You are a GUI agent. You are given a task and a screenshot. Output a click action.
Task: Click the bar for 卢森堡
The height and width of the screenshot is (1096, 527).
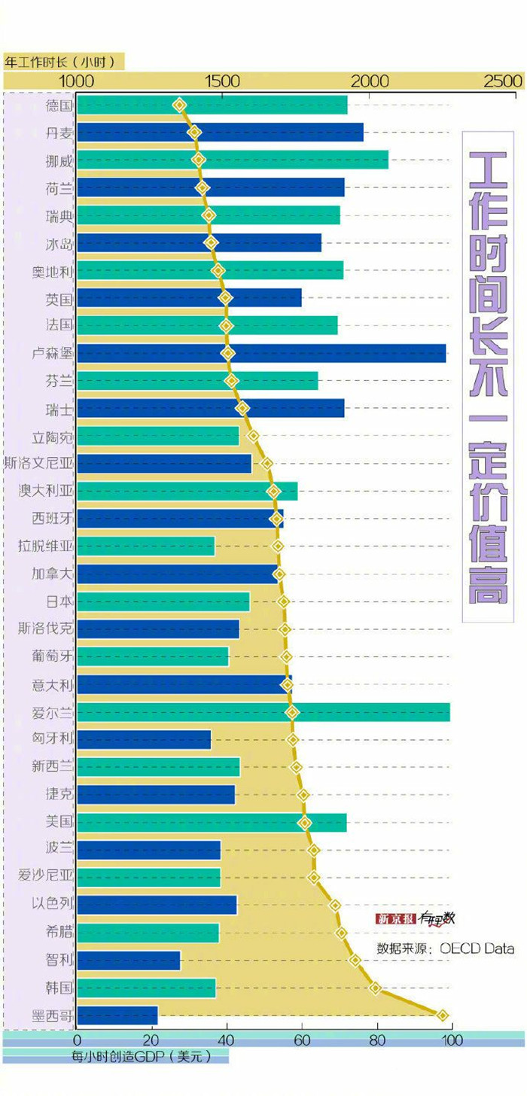pos(261,353)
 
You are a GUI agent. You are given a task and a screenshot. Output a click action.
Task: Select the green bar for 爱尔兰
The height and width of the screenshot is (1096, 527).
pos(263,711)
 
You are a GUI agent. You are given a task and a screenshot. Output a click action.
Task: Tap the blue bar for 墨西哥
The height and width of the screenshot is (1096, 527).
pos(117,1015)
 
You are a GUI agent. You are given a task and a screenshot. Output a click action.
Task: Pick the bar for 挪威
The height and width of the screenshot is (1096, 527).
pos(233,160)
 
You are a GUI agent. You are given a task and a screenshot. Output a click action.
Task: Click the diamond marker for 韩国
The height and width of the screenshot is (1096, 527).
pos(376,988)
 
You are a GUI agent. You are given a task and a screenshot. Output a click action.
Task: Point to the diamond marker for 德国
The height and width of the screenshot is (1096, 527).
pos(179,105)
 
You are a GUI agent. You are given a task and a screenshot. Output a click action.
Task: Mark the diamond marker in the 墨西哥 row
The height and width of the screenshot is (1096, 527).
pos(443,1015)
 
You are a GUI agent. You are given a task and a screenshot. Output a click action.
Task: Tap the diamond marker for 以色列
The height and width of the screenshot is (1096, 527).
pos(335,905)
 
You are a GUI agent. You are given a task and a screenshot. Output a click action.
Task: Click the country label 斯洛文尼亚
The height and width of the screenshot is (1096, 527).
pos(38,463)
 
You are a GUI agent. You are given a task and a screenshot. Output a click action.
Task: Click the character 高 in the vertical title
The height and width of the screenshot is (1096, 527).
pos(486,583)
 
